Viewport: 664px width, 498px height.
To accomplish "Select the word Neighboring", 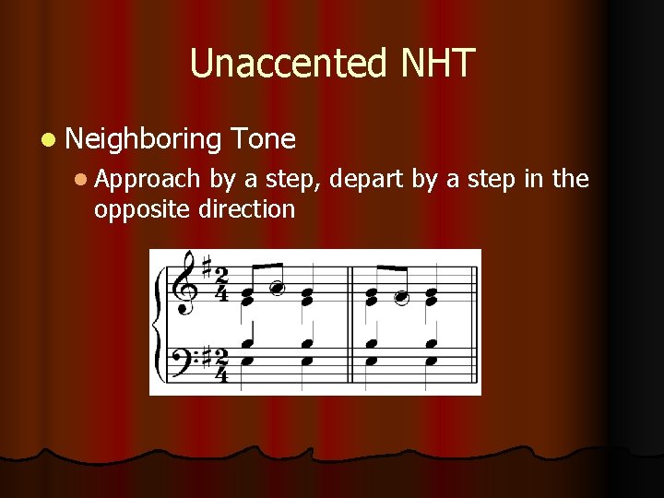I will pyautogui.click(x=143, y=140).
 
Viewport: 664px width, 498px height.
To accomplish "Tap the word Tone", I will pyautogui.click(x=265, y=140).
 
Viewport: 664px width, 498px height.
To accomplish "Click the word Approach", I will pyautogui.click(x=147, y=179).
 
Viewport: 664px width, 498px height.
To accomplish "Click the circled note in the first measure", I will pyautogui.click(x=275, y=288).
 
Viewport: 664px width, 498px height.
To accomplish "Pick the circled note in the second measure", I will pyautogui.click(x=401, y=297).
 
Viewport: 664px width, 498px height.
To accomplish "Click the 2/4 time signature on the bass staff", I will pyautogui.click(x=221, y=363).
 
